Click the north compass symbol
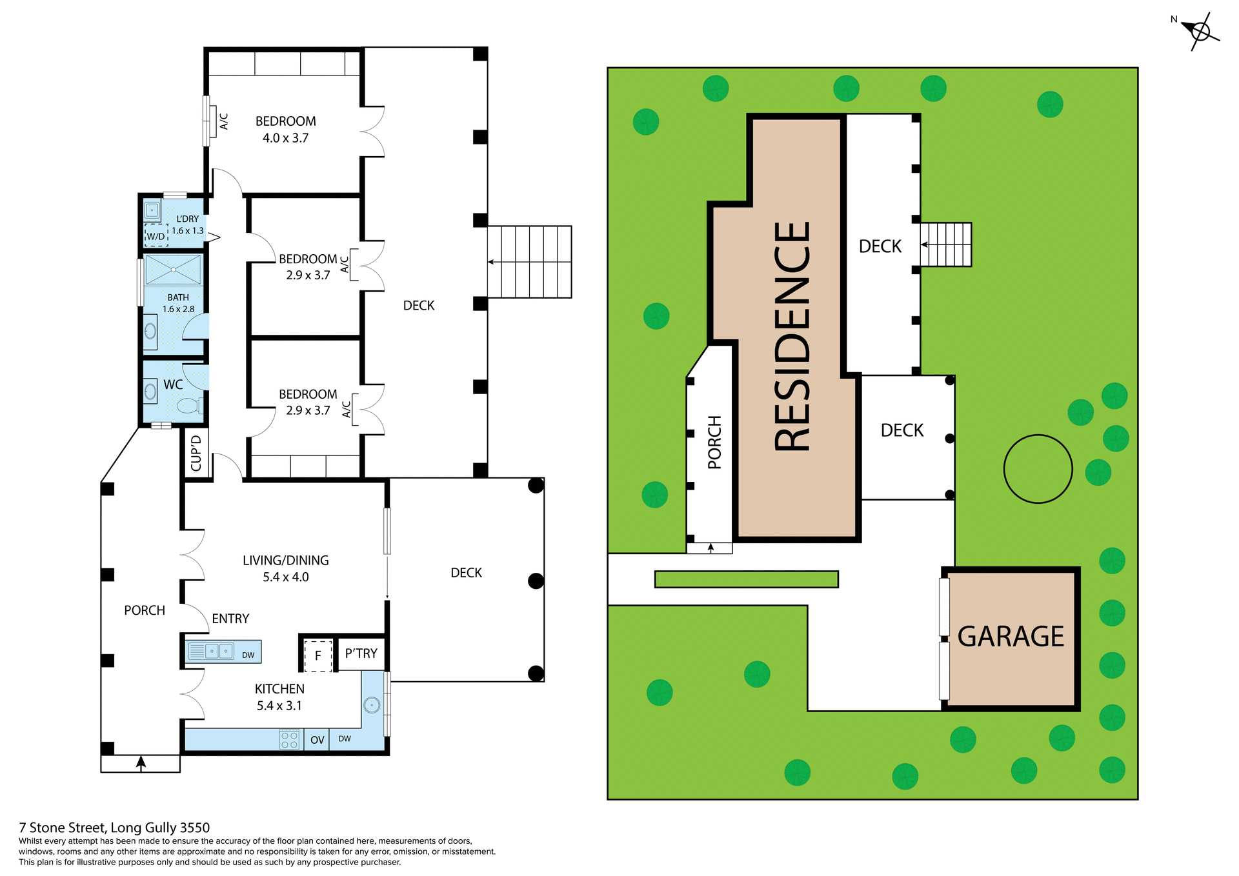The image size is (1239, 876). point(1200,31)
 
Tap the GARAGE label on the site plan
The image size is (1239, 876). point(1011,637)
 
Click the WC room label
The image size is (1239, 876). point(173,384)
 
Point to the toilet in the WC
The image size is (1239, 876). point(189,406)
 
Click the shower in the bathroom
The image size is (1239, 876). point(173,270)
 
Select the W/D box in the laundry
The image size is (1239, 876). point(156,236)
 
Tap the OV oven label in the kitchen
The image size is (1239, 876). point(317,740)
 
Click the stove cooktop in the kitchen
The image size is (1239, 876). point(289,739)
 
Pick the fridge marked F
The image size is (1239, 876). point(318,655)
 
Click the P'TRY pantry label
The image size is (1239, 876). point(361,653)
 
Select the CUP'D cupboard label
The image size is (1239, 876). point(196,453)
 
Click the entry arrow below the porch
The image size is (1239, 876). point(141,763)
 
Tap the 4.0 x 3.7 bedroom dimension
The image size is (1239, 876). point(285,138)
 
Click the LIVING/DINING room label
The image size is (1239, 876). point(286,561)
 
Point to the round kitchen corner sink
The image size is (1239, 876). point(372,705)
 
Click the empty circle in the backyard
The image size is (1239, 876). point(1038,469)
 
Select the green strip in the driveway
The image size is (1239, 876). point(746,579)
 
